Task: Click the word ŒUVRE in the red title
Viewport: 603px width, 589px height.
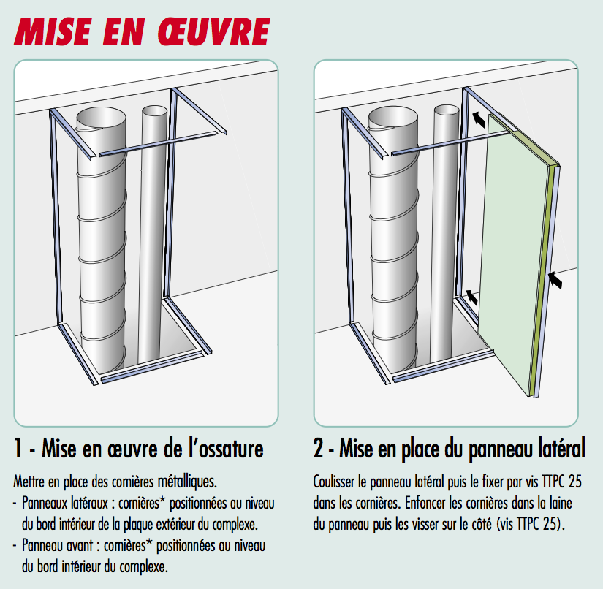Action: tap(214, 32)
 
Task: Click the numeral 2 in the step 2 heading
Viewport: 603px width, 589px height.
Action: tap(319, 448)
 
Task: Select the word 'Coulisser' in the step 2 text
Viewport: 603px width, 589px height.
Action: tap(334, 482)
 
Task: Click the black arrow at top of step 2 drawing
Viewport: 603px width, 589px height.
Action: tap(479, 119)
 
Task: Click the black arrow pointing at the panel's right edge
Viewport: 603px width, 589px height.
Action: tap(555, 280)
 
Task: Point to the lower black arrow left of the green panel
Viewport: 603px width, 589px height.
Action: tap(472, 297)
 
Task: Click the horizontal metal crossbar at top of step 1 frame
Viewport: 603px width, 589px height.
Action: tap(158, 144)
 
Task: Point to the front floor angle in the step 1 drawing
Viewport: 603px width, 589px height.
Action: tap(152, 366)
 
